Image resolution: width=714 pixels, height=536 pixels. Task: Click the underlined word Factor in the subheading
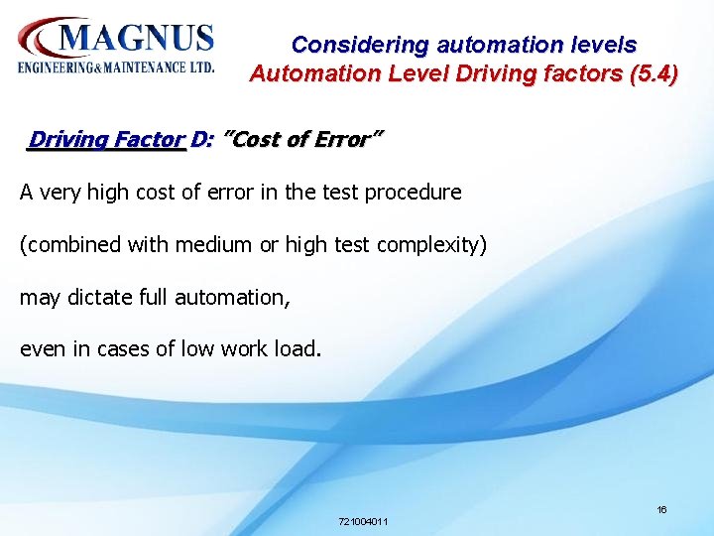point(149,139)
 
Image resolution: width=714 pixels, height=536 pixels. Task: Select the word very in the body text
point(59,192)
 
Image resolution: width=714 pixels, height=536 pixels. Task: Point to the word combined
point(66,244)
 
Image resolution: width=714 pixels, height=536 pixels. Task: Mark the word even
point(42,349)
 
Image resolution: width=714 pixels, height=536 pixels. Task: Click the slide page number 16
point(661,509)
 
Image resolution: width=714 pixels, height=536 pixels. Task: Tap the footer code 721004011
point(363,521)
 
